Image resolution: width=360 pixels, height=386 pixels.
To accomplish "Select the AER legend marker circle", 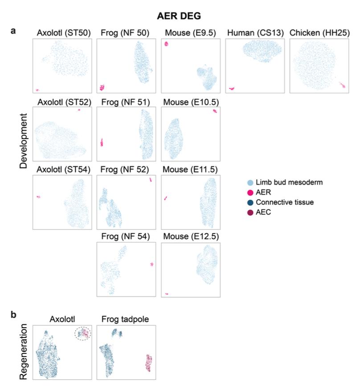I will tap(250, 192).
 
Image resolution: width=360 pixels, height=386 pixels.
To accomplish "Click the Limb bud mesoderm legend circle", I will tap(250, 182).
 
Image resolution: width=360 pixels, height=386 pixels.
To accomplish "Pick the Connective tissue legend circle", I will tap(250, 202).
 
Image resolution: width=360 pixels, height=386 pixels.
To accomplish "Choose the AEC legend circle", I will tap(250, 212).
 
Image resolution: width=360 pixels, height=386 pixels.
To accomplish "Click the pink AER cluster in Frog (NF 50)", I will tap(102, 87).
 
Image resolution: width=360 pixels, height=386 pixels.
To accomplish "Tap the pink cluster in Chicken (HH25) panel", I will tap(342, 85).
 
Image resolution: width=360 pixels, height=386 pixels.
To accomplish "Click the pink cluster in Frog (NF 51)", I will tap(102, 142).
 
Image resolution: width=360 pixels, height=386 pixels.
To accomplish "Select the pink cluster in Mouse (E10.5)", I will tap(215, 111).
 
